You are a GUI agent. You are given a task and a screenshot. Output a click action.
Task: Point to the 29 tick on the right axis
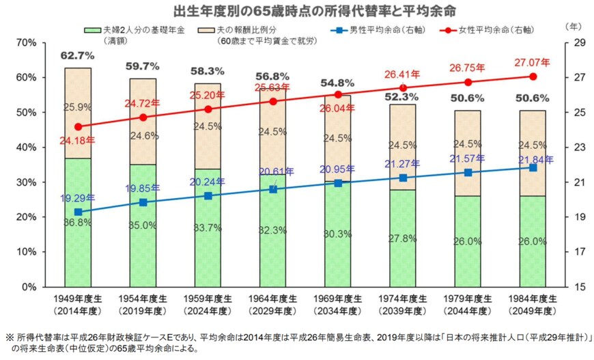572,42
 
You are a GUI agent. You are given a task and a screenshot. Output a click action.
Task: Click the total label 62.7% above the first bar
77,55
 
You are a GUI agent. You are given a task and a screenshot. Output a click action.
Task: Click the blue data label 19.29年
77,198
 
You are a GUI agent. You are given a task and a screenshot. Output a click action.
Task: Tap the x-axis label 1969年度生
338,299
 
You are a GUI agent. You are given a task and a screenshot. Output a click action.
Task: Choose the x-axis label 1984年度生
533,299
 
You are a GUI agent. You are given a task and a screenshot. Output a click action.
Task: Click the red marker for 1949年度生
78,126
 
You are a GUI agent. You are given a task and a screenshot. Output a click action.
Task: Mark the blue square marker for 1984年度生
533,167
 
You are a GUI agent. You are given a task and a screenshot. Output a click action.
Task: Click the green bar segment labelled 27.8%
403,238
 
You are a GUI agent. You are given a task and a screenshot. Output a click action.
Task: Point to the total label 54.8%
338,83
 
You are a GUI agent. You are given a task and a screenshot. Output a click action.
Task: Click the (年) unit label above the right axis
574,26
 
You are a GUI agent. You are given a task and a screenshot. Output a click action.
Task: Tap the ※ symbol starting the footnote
10,337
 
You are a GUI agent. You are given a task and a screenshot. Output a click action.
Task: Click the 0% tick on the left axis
28,286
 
